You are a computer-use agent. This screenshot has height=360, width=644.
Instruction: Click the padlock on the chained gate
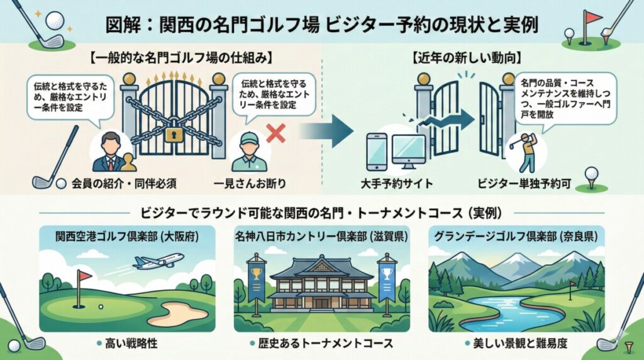[174, 133]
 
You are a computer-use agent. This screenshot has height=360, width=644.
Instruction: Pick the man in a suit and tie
[109, 153]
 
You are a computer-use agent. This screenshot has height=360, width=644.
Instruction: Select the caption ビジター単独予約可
[523, 184]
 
